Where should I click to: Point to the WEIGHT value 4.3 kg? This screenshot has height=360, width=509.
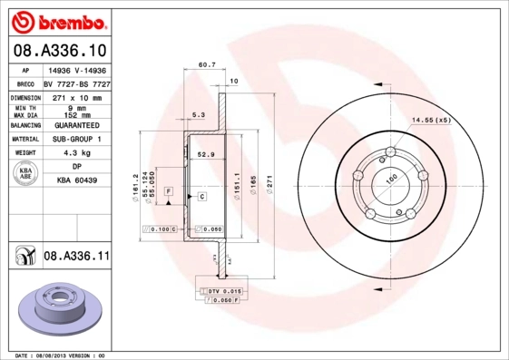click(77, 153)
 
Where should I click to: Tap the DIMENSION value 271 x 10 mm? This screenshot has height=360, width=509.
click(77, 96)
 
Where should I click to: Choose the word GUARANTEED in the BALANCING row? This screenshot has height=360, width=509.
click(77, 124)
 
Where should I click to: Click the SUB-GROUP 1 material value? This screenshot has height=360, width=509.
click(77, 139)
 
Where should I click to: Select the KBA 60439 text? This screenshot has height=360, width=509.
click(77, 180)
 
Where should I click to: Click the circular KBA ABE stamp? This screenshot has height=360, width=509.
click(25, 174)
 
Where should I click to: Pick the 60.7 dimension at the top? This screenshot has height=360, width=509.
click(206, 64)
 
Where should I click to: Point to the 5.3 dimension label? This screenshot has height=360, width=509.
click(199, 114)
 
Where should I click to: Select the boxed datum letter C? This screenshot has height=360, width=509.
click(201, 196)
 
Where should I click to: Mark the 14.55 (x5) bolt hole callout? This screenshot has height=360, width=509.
click(432, 120)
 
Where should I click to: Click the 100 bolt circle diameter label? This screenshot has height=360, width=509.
click(392, 180)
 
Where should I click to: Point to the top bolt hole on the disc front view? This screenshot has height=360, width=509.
click(390, 151)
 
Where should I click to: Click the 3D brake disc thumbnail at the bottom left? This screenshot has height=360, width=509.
click(57, 306)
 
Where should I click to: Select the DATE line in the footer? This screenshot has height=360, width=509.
click(59, 355)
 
